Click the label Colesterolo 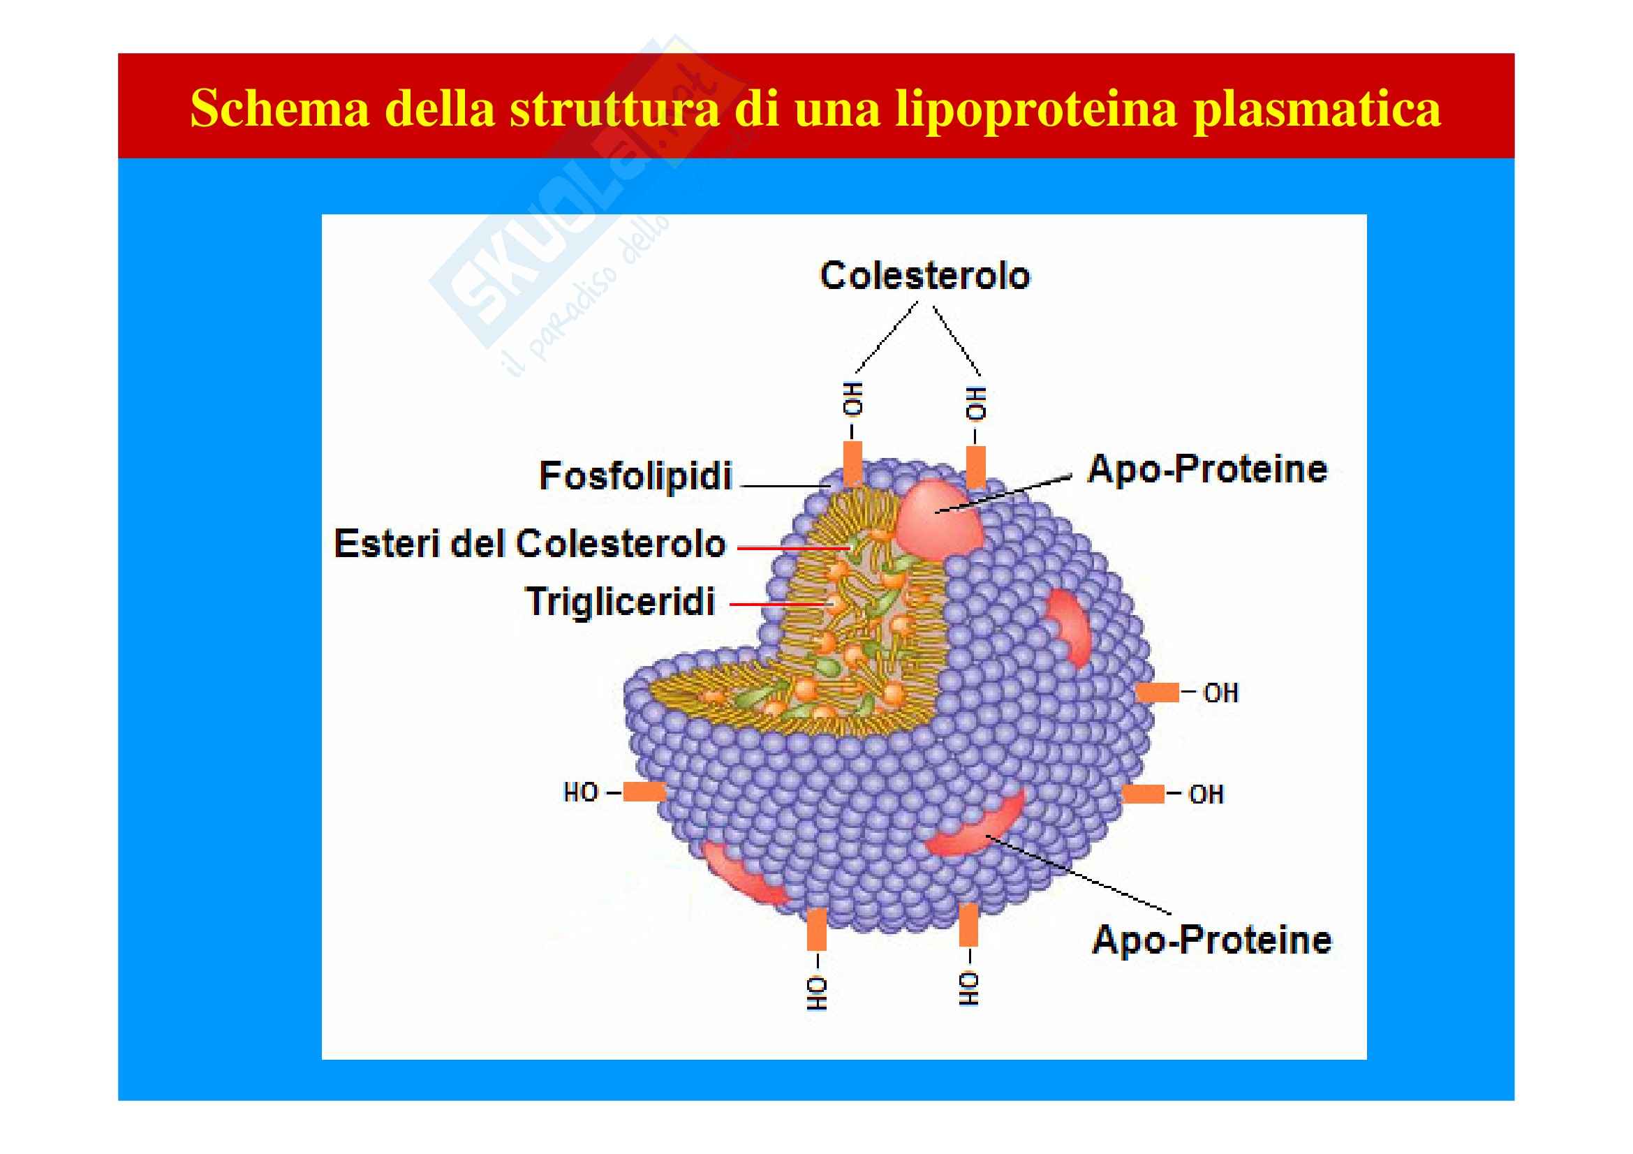click(x=924, y=276)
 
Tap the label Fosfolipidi click(x=635, y=475)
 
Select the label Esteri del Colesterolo click(x=530, y=544)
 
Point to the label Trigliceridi click(x=619, y=602)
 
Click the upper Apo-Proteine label click(x=1207, y=469)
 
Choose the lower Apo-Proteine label click(x=1211, y=939)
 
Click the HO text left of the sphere click(x=580, y=792)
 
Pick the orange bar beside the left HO click(x=644, y=792)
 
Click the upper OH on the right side click(x=1220, y=693)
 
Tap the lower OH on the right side click(x=1206, y=794)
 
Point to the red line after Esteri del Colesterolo click(x=793, y=548)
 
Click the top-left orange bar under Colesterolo click(x=852, y=462)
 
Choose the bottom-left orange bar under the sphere click(x=817, y=929)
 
